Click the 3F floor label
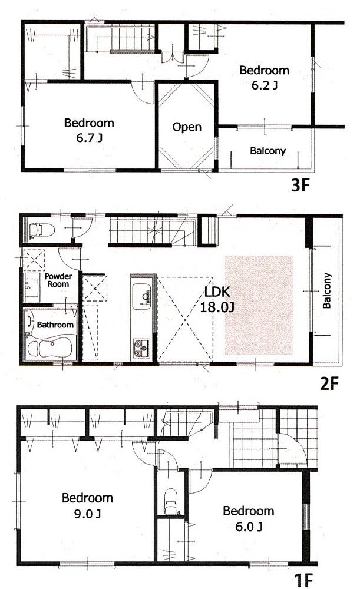[x=301, y=187]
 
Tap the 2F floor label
[x=329, y=384]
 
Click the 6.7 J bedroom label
[x=89, y=130]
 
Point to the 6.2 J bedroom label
[x=264, y=77]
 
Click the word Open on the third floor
[x=187, y=127]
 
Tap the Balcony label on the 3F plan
[x=267, y=151]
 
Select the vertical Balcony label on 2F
[x=327, y=290]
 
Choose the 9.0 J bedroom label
[x=87, y=505]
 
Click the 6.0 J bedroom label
[x=247, y=518]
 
